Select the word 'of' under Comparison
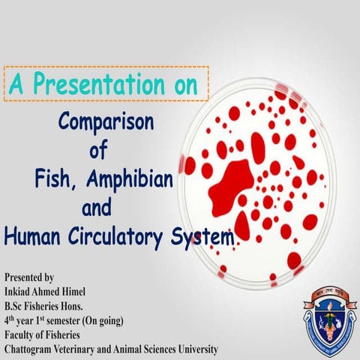pos(99,150)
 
